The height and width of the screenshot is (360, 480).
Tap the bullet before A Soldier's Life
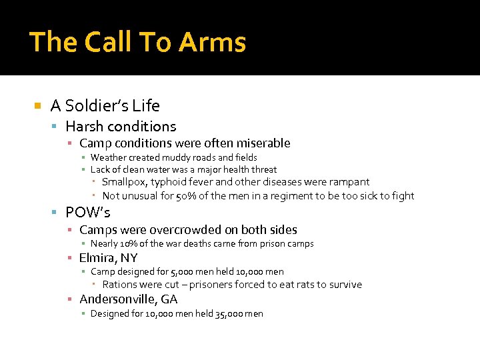pyautogui.click(x=37, y=105)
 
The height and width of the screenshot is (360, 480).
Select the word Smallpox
pyautogui.click(x=125, y=182)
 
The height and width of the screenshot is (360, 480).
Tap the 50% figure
pyautogui.click(x=183, y=196)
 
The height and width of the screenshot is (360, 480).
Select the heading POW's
pyautogui.click(x=88, y=213)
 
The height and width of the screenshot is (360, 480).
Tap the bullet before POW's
pyautogui.click(x=57, y=213)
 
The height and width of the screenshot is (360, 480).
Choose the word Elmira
pyautogui.click(x=98, y=257)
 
